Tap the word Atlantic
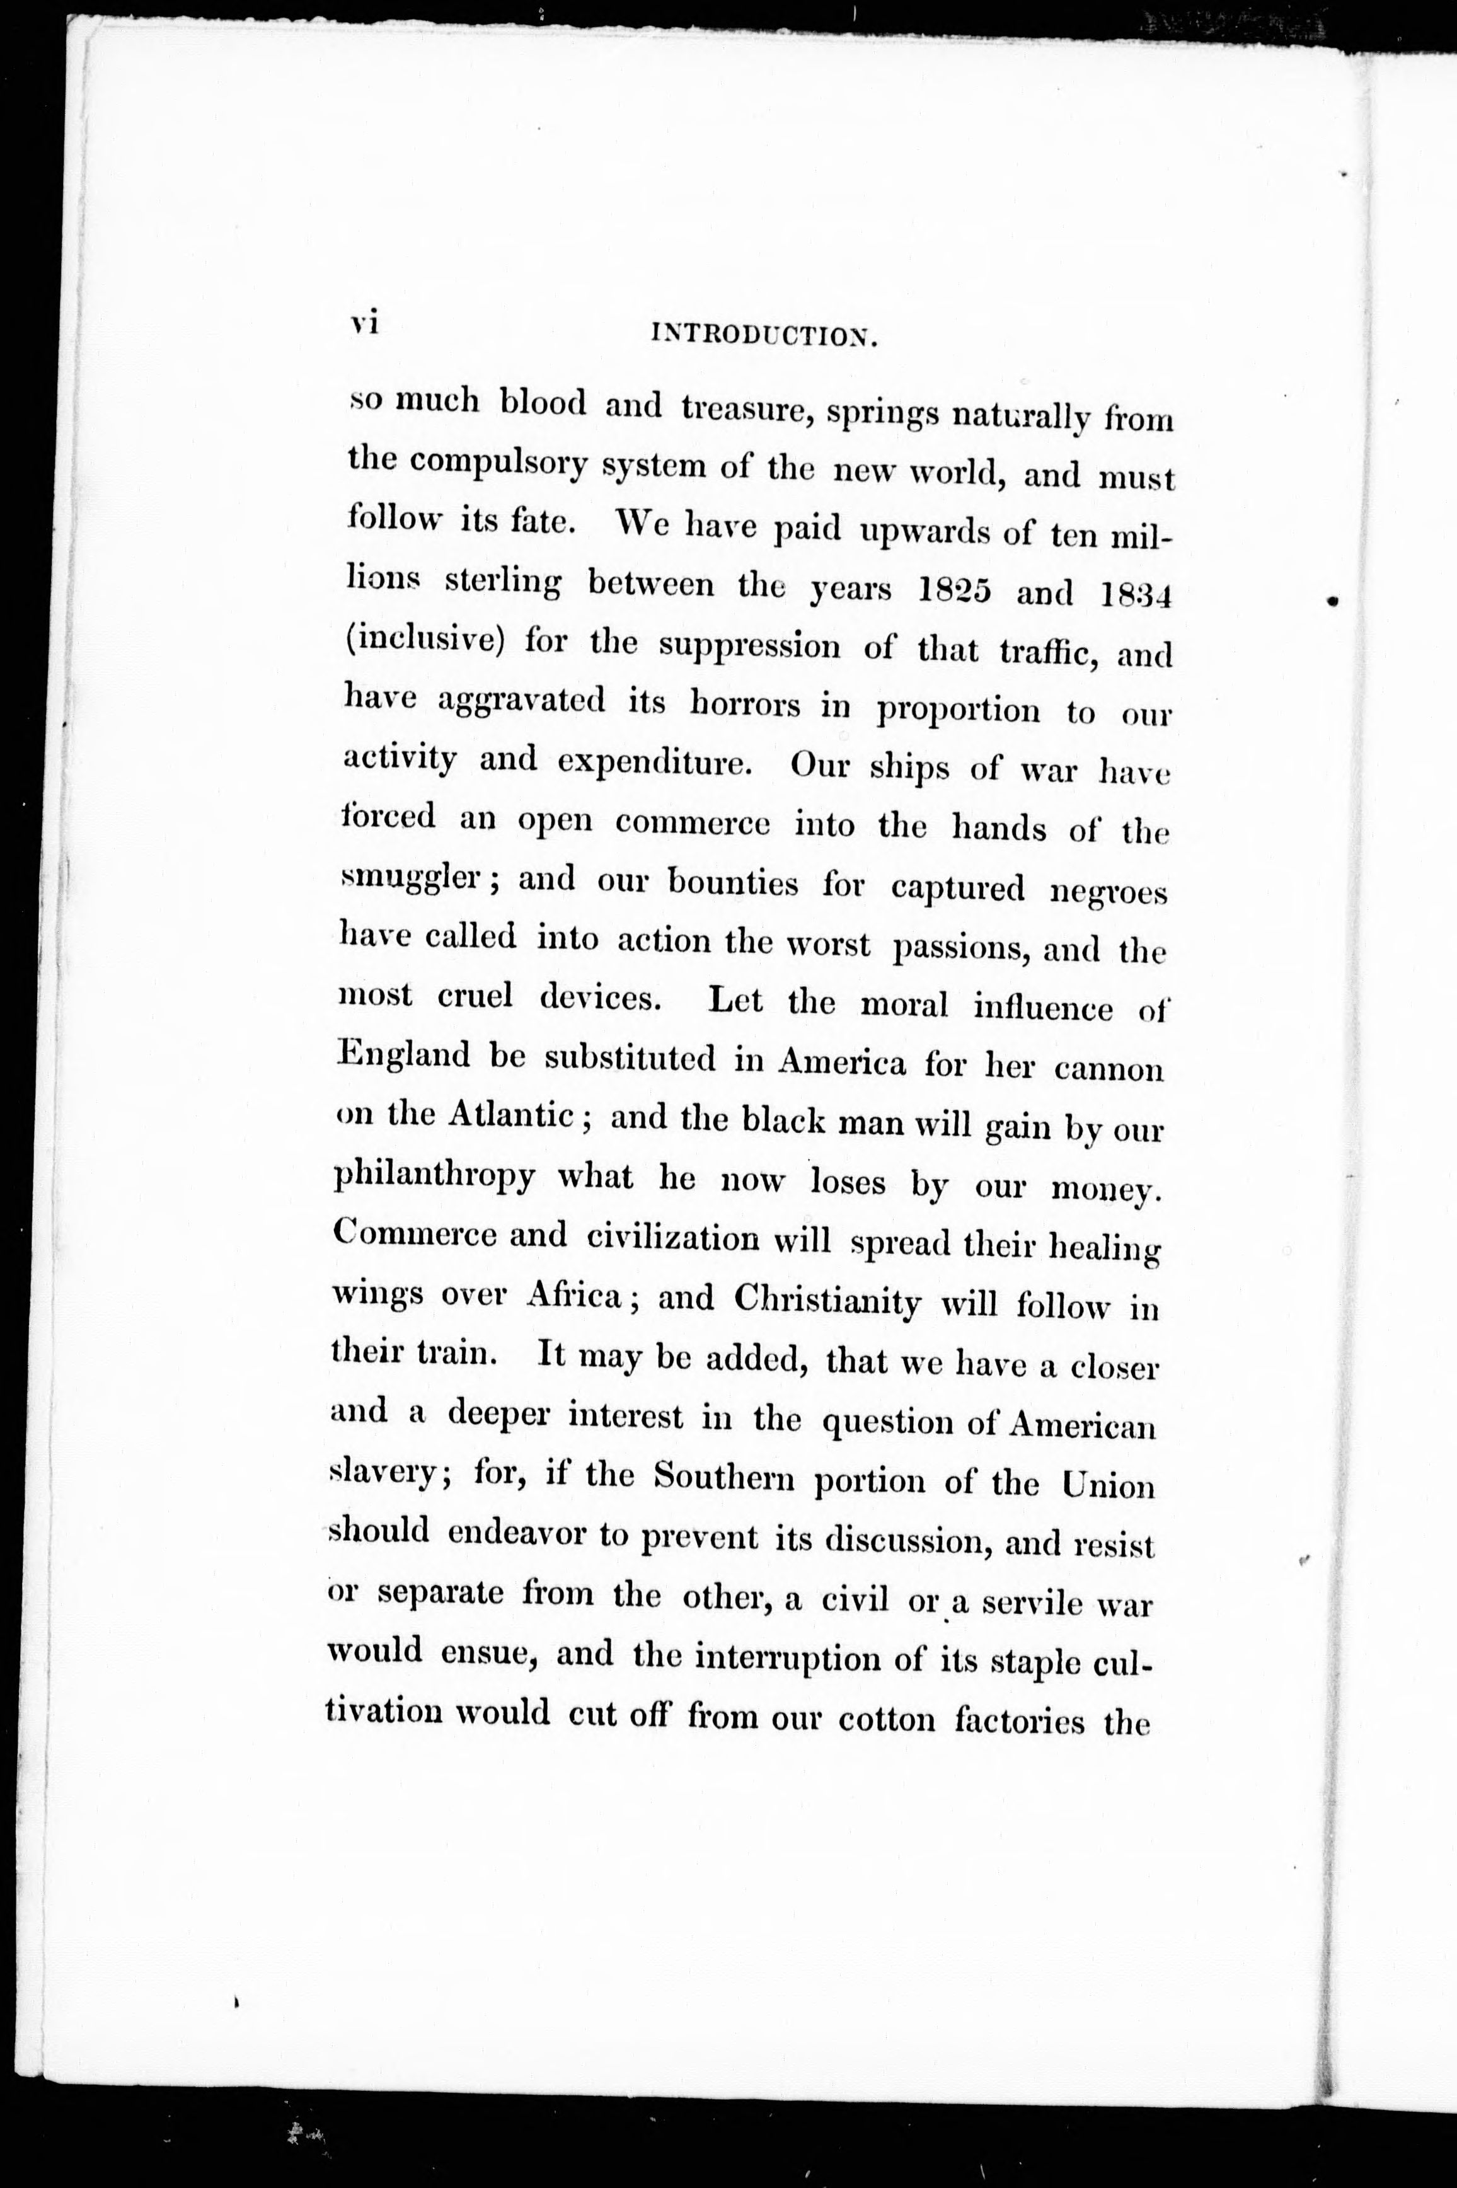tap(509, 1115)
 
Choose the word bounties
tap(733, 884)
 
